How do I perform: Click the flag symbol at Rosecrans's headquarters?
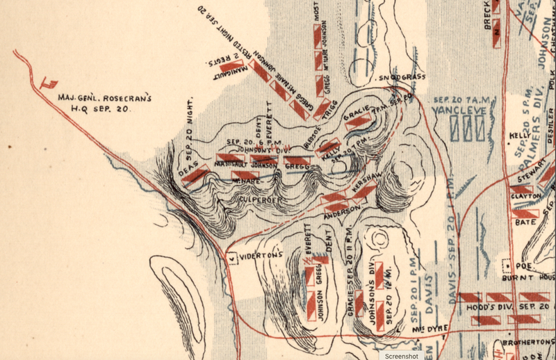pos(49,83)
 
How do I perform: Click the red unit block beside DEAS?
pos(195,175)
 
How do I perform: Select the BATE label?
pos(525,222)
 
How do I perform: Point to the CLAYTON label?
pos(525,197)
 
